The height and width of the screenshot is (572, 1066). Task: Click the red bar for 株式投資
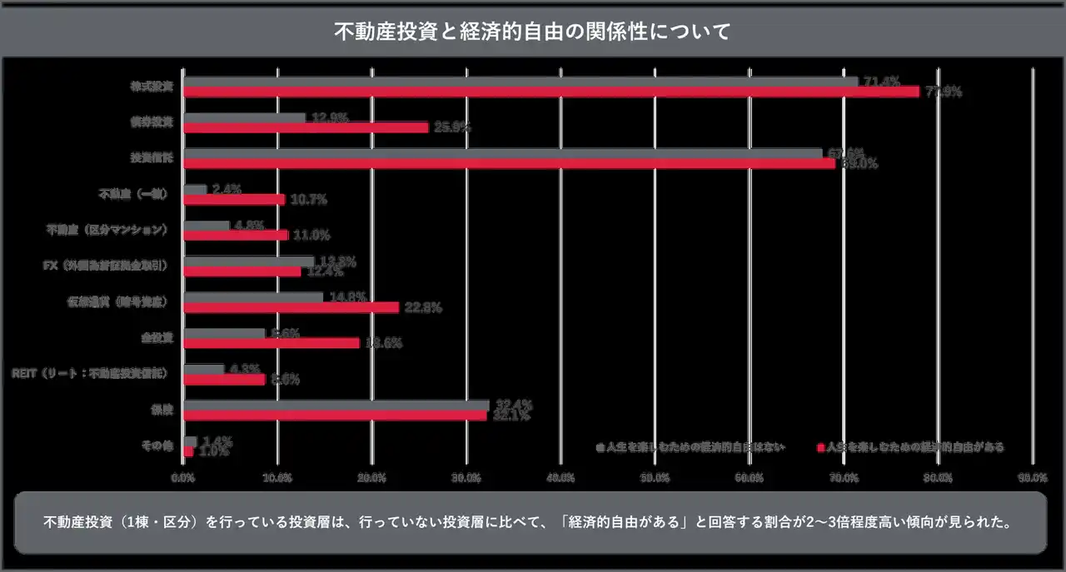pyautogui.click(x=550, y=92)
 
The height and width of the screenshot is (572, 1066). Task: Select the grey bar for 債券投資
pyautogui.click(x=243, y=118)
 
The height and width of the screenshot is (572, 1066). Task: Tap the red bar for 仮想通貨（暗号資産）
pyautogui.click(x=291, y=307)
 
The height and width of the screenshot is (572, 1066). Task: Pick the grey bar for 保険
pyautogui.click(x=336, y=405)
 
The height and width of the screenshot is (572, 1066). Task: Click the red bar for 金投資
pyautogui.click(x=271, y=343)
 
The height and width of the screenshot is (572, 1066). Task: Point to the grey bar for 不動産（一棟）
pyautogui.click(x=195, y=190)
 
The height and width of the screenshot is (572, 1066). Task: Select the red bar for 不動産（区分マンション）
pyautogui.click(x=236, y=235)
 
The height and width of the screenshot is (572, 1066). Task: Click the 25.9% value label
pyautogui.click(x=453, y=128)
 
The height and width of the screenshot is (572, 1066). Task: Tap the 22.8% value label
pyautogui.click(x=422, y=307)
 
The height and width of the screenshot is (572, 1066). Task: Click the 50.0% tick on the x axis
pyautogui.click(x=655, y=477)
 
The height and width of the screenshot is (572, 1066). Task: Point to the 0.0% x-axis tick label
pyautogui.click(x=183, y=477)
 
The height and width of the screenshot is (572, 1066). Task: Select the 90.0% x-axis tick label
pyautogui.click(x=1032, y=477)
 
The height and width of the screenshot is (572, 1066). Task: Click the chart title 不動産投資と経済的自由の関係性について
pyautogui.click(x=532, y=32)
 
